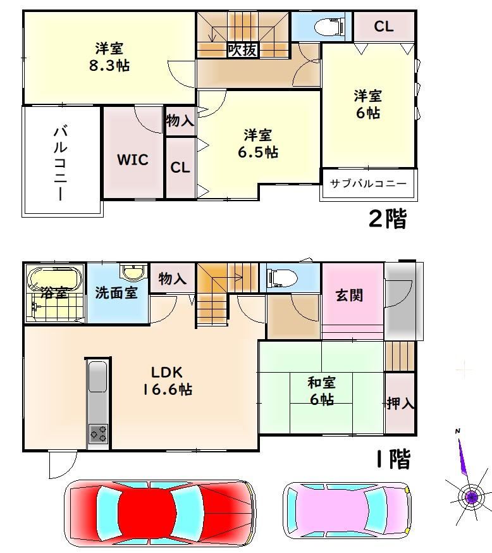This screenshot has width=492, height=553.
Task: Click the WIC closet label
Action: [133, 160]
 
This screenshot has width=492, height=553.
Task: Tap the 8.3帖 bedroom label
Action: [109, 57]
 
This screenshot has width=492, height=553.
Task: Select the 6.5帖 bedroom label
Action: [257, 144]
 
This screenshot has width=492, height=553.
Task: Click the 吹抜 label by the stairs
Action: [242, 50]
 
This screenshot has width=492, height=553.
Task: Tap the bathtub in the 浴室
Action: [54, 278]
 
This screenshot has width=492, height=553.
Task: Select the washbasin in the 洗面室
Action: [133, 273]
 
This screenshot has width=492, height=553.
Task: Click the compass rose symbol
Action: [470, 496]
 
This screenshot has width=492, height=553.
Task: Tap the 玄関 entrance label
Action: [349, 295]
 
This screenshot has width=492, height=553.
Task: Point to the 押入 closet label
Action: [400, 403]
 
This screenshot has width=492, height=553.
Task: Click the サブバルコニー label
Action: [368, 183]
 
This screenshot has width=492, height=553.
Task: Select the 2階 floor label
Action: [386, 219]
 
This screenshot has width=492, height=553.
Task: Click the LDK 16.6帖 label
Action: [171, 380]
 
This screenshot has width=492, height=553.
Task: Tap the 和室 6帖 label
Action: [321, 390]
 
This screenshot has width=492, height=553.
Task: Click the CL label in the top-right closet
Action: [383, 27]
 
